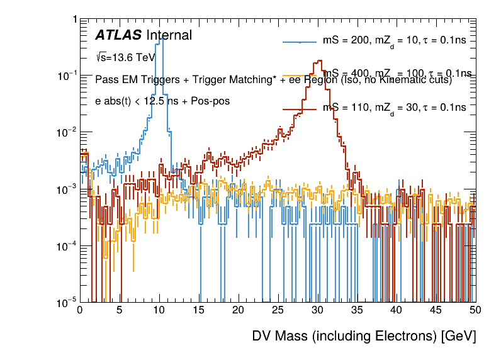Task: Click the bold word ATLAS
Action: (118, 35)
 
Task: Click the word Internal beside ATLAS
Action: (169, 35)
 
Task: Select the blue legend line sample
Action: (300, 42)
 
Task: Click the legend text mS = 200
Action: (342, 41)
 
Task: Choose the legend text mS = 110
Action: (342, 108)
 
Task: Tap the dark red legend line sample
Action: (300, 108)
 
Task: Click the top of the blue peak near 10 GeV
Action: (161, 38)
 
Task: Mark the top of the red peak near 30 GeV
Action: (320, 61)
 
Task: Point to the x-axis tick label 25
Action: (278, 310)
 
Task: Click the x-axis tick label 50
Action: (475, 310)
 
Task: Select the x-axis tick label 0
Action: (79, 310)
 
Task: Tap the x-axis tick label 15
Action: (198, 310)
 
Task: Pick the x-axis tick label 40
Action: (396, 310)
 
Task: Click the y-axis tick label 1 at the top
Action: (75, 20)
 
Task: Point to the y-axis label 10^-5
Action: (67, 303)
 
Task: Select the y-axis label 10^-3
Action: (67, 189)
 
